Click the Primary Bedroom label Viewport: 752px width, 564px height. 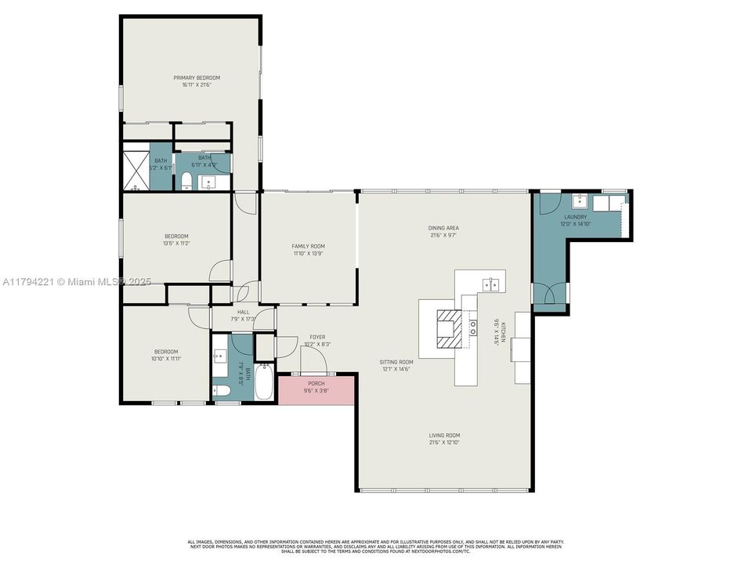pos(197,78)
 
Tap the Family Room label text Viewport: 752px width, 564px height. pos(308,246)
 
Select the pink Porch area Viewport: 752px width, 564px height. pos(316,389)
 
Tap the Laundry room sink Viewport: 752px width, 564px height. pos(578,201)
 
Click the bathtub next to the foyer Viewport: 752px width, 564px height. pos(266,381)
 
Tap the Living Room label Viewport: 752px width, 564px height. pos(444,435)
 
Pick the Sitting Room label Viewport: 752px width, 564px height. pos(396,362)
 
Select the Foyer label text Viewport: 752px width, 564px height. pos(316,337)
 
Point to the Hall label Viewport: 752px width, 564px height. pos(243,312)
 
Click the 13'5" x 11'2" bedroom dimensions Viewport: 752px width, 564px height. pos(176,243)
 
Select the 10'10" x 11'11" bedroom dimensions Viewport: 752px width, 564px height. pos(165,359)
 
